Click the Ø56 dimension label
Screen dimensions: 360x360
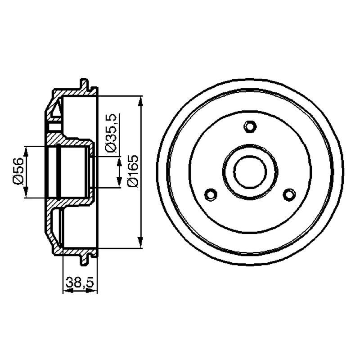click(18, 171)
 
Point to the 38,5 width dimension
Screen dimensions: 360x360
click(80, 282)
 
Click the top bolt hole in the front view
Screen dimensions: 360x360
click(250, 126)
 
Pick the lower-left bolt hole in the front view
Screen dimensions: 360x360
click(211, 195)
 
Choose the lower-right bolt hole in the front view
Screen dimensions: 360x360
click(289, 195)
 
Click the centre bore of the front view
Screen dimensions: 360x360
click(250, 172)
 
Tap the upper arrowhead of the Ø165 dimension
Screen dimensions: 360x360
click(140, 101)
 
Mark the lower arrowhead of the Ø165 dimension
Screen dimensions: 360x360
click(140, 243)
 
